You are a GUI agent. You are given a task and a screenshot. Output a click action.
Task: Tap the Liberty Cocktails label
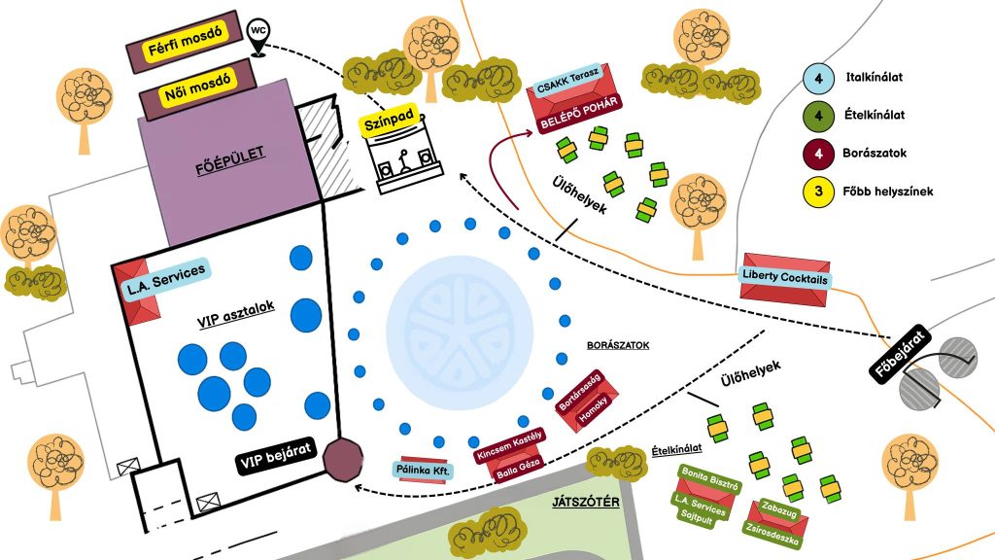[785, 279]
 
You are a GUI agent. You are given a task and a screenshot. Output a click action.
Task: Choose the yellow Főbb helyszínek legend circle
[819, 191]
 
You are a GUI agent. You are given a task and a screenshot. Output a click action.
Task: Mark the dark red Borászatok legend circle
[819, 153]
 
